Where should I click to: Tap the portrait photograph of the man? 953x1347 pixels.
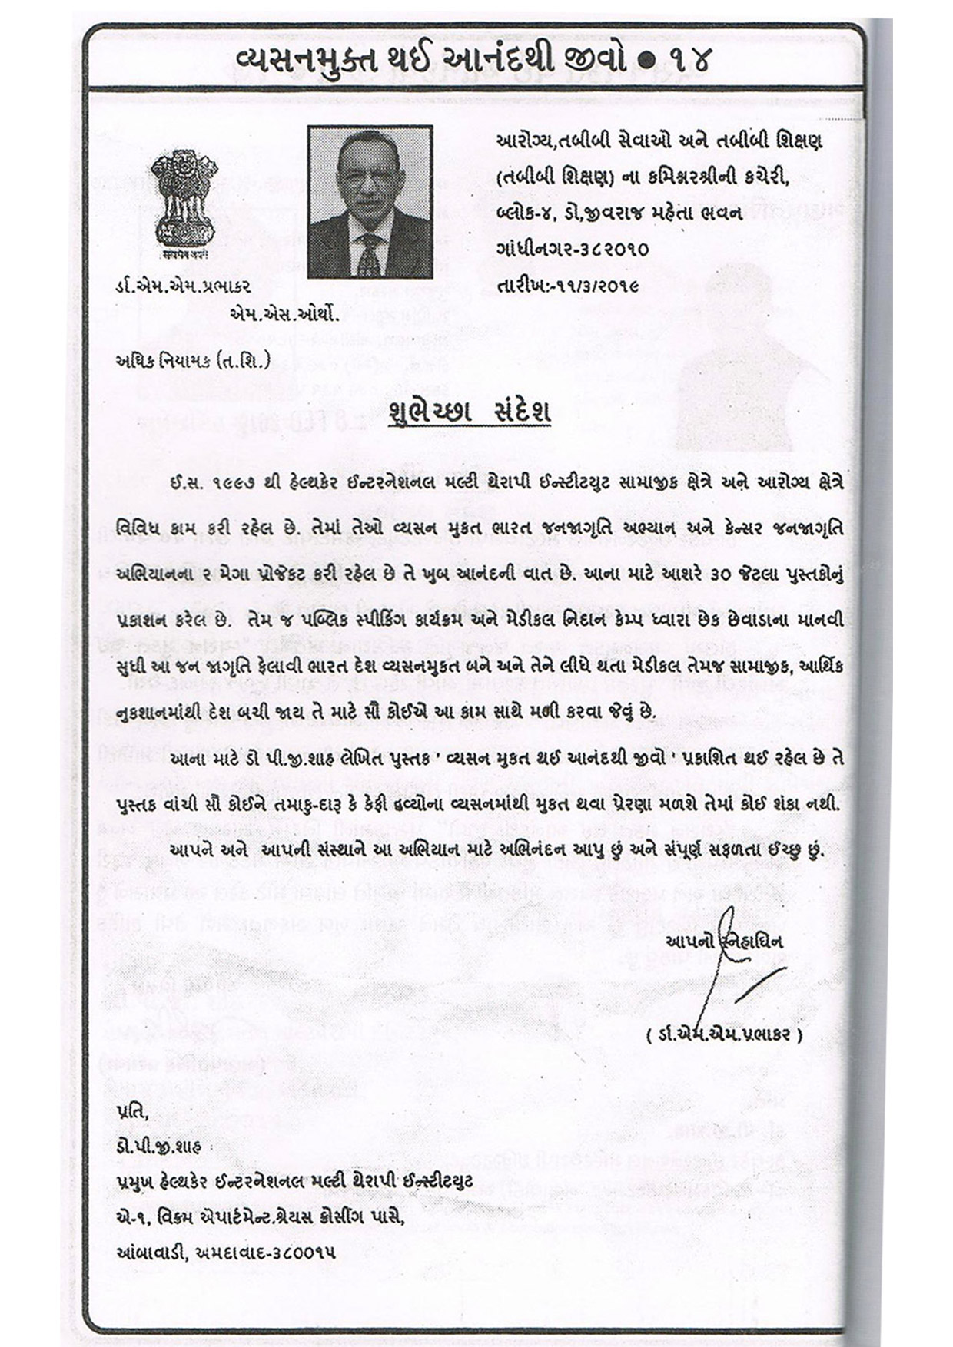click(370, 201)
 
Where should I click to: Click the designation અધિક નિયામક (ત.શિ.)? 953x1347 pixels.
click(191, 361)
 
